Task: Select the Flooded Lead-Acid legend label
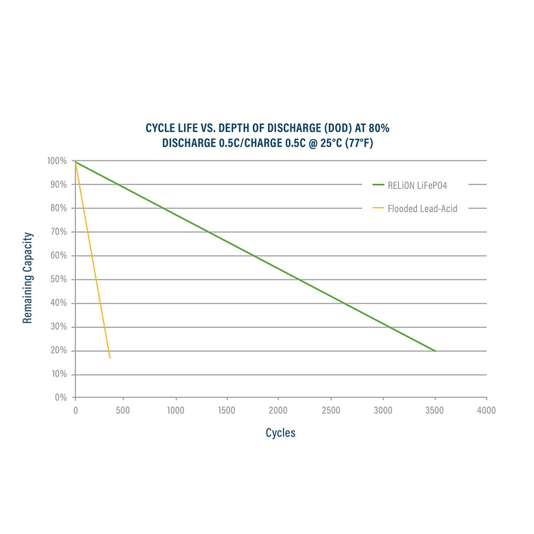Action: [422, 209]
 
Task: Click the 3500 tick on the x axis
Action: [435, 410]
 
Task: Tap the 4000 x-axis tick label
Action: [486, 410]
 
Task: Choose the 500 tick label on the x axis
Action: [123, 410]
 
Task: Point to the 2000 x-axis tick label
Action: [278, 410]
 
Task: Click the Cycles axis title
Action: [280, 433]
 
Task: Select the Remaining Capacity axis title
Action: [28, 278]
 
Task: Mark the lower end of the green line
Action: [435, 351]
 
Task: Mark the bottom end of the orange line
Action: [110, 358]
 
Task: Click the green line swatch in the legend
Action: [378, 185]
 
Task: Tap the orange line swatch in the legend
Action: [378, 209]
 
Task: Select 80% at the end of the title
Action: [382, 129]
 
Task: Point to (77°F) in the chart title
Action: [357, 144]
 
